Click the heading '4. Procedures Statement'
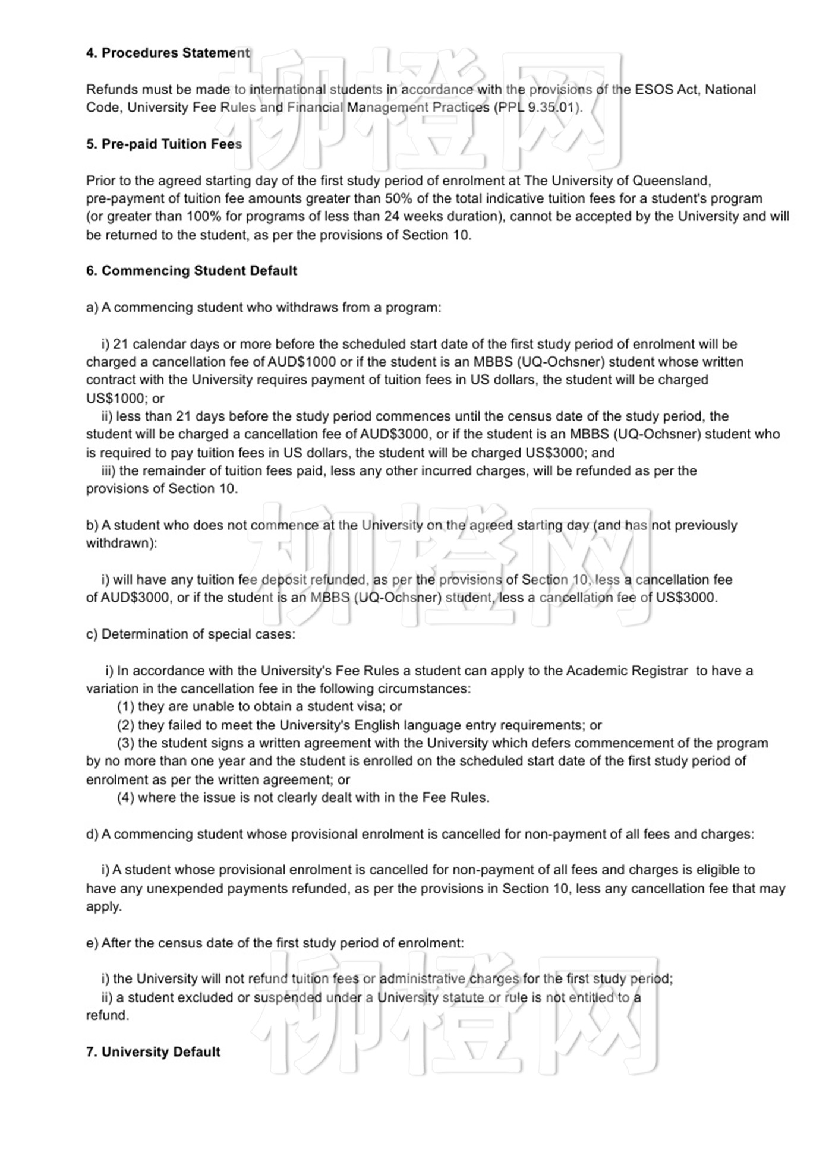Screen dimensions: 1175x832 (x=168, y=53)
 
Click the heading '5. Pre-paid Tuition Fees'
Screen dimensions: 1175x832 (x=164, y=144)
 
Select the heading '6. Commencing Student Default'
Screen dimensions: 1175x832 (x=191, y=271)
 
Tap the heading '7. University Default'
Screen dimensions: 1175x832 (x=153, y=1051)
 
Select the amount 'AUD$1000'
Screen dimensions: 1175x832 (x=301, y=362)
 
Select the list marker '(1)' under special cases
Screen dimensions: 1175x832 (x=125, y=706)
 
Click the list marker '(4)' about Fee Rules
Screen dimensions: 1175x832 (x=125, y=797)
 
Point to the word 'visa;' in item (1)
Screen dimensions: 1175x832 (x=372, y=706)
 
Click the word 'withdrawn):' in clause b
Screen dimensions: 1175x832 (x=121, y=543)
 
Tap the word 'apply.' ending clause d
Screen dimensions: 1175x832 (x=104, y=906)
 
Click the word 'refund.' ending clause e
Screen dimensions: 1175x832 (x=108, y=1015)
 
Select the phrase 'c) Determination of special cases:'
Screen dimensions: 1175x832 (x=190, y=634)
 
